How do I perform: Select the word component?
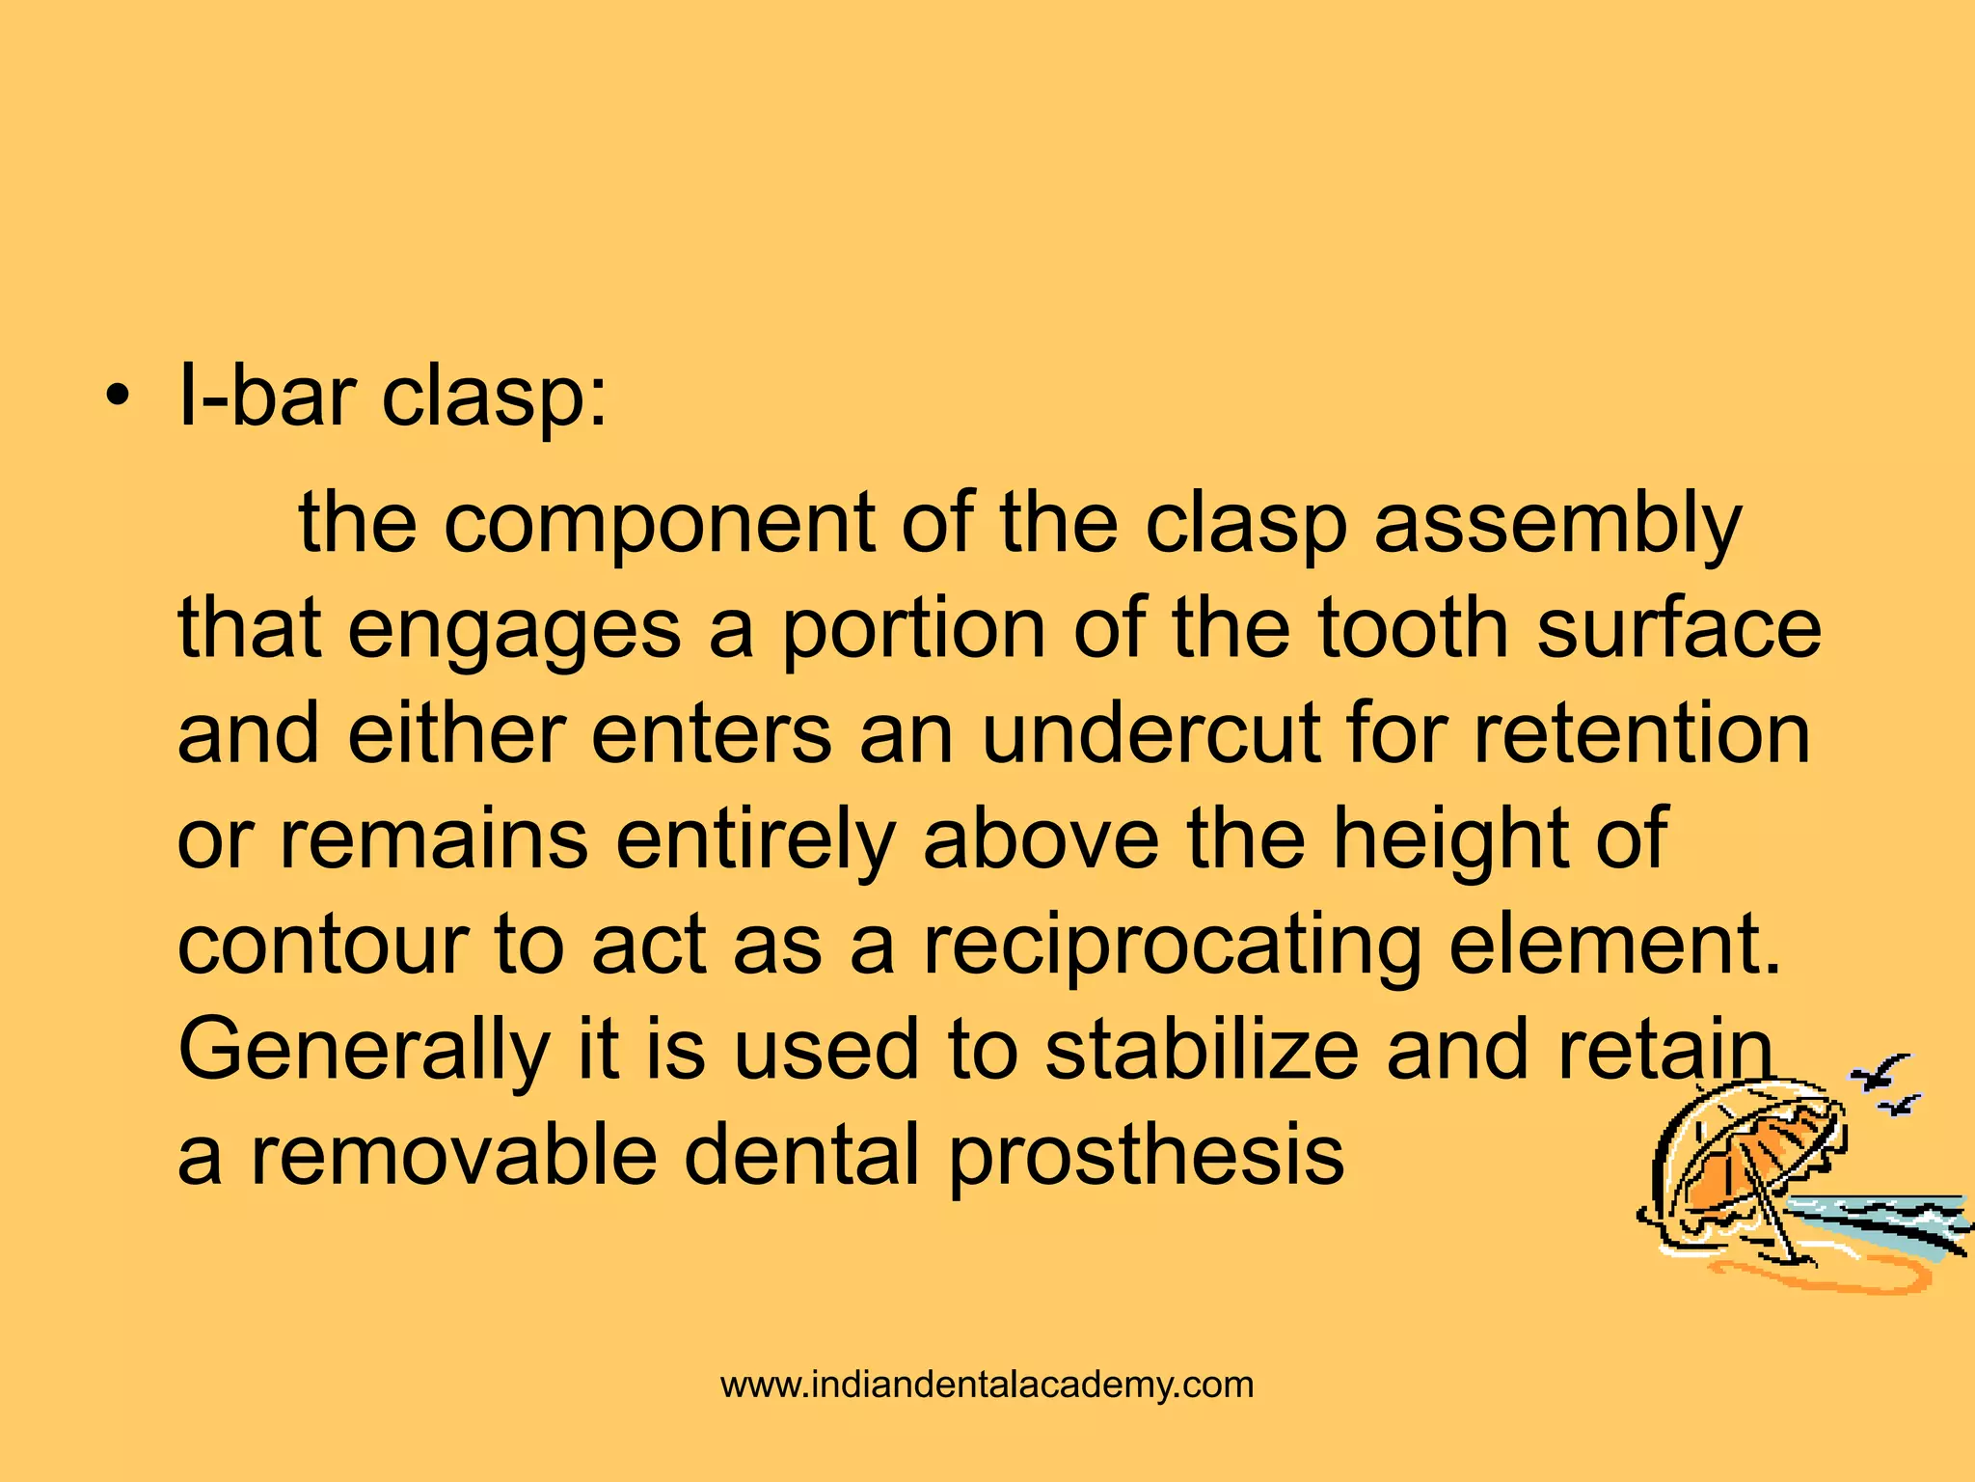click(x=659, y=524)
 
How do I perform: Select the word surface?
click(x=1678, y=629)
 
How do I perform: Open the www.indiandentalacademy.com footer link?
click(x=987, y=1386)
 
